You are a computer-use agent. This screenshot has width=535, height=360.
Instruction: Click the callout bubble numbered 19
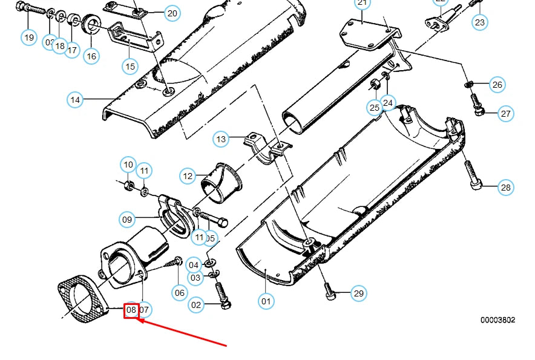[29, 38]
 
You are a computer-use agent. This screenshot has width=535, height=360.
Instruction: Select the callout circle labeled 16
[91, 56]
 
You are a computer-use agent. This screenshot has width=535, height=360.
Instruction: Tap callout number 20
[172, 13]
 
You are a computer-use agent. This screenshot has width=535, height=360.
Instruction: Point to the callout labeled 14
[75, 99]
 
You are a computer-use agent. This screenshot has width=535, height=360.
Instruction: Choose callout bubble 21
[362, 4]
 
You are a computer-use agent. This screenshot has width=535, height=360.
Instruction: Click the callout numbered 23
[479, 22]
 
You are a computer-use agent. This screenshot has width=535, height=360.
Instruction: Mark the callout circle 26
[497, 85]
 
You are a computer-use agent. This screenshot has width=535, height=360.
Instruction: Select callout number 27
[506, 114]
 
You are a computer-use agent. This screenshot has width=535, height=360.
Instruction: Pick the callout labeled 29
[359, 294]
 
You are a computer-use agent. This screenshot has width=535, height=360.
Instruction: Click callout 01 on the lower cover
[266, 300]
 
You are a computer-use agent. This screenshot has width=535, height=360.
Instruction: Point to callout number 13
[221, 139]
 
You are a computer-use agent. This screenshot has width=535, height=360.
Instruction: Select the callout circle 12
[188, 176]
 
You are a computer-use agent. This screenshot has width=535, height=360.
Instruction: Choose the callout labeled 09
[127, 220]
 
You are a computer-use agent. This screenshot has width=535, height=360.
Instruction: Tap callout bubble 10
[128, 164]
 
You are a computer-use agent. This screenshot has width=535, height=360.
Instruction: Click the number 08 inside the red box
[131, 310]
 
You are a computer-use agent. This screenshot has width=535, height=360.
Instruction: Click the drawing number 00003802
[497, 320]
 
